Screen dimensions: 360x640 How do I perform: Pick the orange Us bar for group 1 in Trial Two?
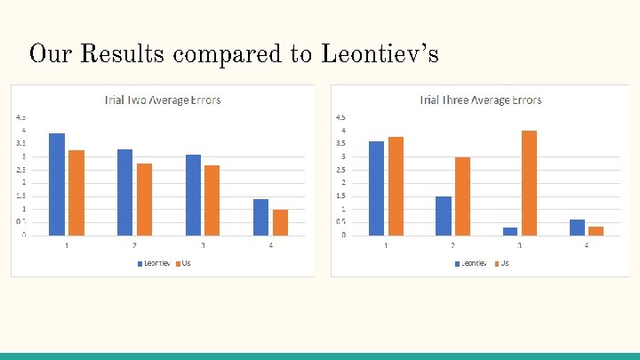click(x=76, y=193)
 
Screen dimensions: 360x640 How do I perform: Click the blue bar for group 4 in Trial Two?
click(x=261, y=217)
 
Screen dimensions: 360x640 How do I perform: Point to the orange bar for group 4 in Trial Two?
click(x=281, y=222)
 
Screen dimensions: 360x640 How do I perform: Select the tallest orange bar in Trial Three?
click(x=530, y=183)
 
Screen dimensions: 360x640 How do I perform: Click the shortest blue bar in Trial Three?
click(x=510, y=231)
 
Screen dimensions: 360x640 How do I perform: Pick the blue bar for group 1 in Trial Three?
click(x=377, y=188)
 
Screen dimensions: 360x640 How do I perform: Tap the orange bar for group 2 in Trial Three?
click(x=462, y=196)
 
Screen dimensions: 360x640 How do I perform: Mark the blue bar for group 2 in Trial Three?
click(x=444, y=216)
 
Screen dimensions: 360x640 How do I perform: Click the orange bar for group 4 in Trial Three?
click(x=596, y=231)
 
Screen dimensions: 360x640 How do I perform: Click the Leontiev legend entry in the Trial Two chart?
click(x=154, y=264)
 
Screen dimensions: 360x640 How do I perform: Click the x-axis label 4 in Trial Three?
click(x=587, y=245)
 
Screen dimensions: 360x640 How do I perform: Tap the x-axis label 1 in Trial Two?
click(x=67, y=245)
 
